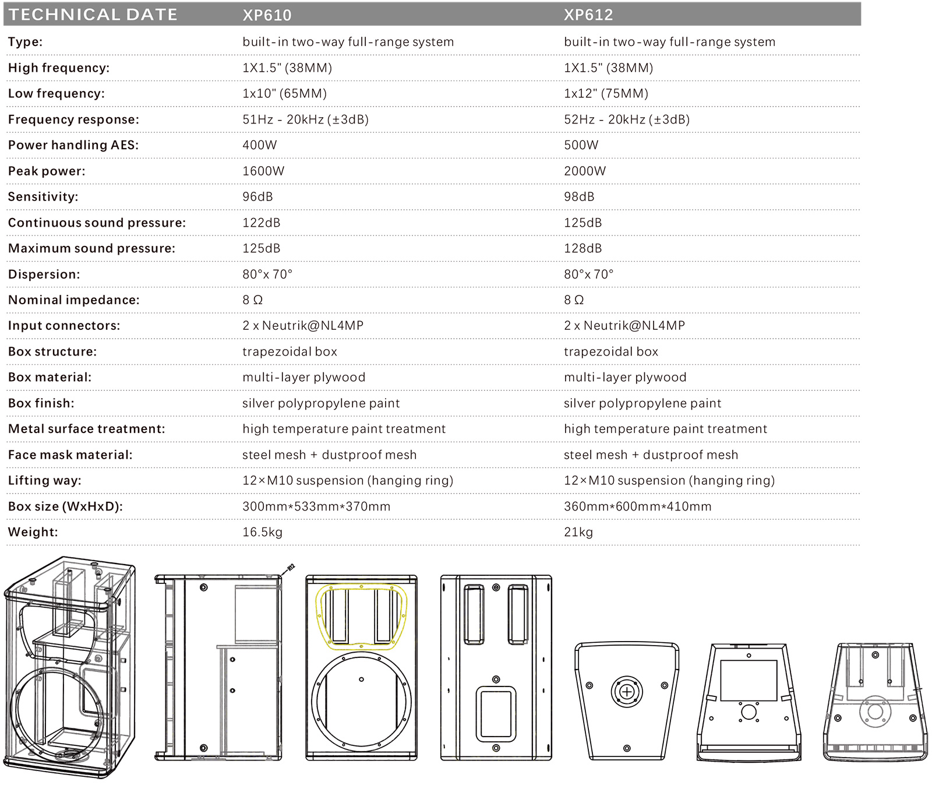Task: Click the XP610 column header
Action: coord(267,15)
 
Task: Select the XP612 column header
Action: coord(588,15)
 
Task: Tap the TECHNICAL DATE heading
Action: coord(93,15)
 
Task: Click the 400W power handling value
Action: coord(260,145)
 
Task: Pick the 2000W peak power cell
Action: coord(585,171)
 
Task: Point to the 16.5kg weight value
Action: coord(262,532)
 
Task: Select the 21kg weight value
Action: coord(578,532)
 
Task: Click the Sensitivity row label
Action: coord(43,197)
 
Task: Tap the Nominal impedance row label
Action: coord(74,300)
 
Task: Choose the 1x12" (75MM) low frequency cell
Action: coord(606,94)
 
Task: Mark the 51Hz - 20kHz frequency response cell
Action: coord(305,119)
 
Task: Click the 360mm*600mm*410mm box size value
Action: coord(637,506)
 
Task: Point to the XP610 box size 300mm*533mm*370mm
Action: coord(316,506)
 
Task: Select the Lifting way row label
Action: coord(45,481)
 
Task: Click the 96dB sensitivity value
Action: coord(257,197)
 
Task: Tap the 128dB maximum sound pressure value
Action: coord(582,248)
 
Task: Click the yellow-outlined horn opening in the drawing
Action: coord(361,617)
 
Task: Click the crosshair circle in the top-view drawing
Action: coord(627,692)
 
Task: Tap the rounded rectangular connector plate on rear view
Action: coord(496,714)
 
